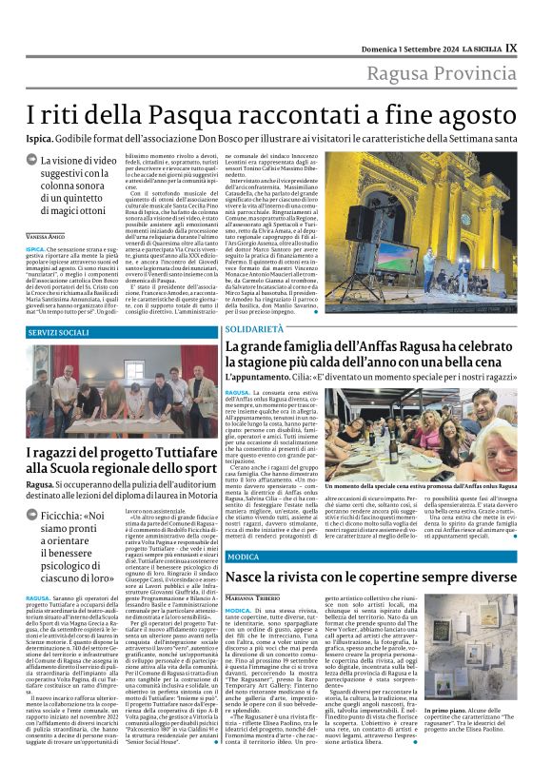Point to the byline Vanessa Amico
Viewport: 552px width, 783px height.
pos(46,235)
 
